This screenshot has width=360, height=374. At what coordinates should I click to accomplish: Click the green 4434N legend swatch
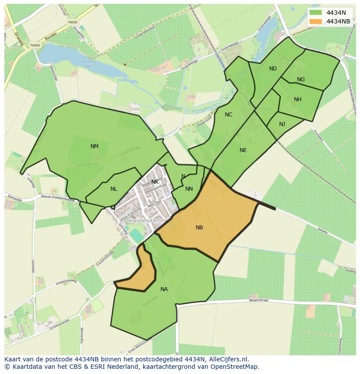pyautogui.click(x=316, y=12)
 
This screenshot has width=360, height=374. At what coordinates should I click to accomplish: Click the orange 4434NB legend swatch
pyautogui.click(x=316, y=21)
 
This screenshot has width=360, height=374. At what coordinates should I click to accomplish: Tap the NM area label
pyautogui.click(x=94, y=146)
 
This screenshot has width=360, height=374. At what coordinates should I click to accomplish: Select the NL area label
pyautogui.click(x=113, y=189)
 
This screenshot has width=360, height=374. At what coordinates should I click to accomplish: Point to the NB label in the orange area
pyautogui.click(x=199, y=228)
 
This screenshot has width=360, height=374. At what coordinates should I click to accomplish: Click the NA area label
pyautogui.click(x=164, y=289)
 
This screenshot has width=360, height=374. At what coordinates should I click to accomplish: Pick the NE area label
pyautogui.click(x=243, y=150)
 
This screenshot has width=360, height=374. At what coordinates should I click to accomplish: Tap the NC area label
pyautogui.click(x=228, y=115)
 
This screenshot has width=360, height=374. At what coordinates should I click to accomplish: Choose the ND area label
pyautogui.click(x=273, y=69)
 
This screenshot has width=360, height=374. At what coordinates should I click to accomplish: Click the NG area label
pyautogui.click(x=301, y=79)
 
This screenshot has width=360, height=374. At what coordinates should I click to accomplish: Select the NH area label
pyautogui.click(x=297, y=99)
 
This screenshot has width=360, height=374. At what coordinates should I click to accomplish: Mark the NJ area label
pyautogui.click(x=282, y=124)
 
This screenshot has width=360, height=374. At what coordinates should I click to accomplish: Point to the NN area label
pyautogui.click(x=189, y=189)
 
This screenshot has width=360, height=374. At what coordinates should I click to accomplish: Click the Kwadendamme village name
pyautogui.click(x=148, y=221)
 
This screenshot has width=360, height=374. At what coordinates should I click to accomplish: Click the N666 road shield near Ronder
pyautogui.click(x=35, y=45)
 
